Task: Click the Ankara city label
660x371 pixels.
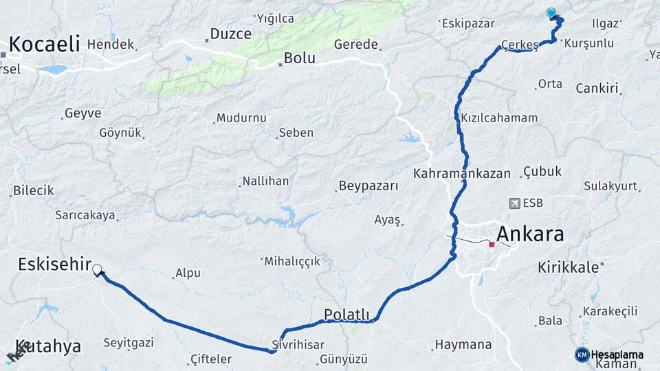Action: click(529, 234)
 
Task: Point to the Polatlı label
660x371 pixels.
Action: click(346, 315)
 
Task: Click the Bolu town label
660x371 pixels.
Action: click(299, 58)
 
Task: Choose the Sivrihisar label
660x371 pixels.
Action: click(298, 344)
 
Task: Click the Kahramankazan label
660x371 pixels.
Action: click(461, 173)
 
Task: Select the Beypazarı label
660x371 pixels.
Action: click(368, 186)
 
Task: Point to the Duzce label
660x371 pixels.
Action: click(230, 34)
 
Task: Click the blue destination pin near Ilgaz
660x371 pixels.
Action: click(551, 12)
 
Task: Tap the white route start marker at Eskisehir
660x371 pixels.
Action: click(97, 270)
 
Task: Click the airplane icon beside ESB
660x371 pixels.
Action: click(514, 203)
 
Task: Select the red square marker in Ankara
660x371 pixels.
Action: click(492, 244)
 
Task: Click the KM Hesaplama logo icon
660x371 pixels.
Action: click(582, 355)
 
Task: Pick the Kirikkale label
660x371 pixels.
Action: click(569, 267)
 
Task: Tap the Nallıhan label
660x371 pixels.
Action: click(265, 181)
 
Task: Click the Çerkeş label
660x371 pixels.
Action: click(520, 45)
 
